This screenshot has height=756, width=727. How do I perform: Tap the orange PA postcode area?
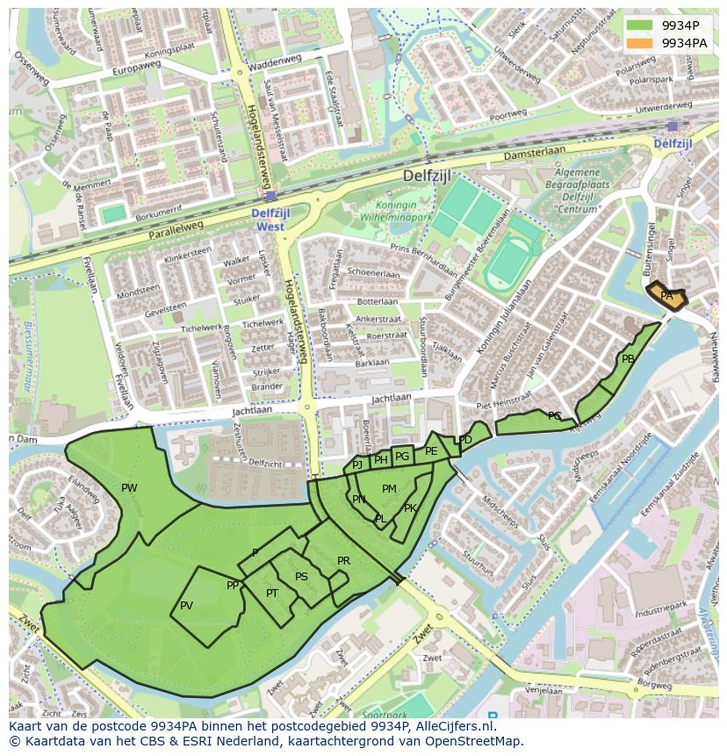point(666,296)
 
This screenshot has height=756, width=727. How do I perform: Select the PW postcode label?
point(129,488)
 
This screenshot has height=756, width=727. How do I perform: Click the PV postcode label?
point(186,606)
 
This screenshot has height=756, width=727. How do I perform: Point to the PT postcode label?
point(272,594)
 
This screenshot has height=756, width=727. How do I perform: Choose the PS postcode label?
point(301,577)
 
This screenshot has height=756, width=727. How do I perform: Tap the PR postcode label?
point(343,561)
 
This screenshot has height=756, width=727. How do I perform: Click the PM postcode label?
point(389,489)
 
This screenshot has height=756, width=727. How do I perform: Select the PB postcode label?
point(628,359)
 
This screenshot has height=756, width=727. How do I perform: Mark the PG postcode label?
point(402,456)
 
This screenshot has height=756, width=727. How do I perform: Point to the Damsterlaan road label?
point(535,155)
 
